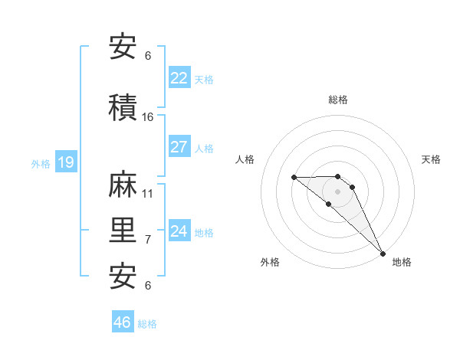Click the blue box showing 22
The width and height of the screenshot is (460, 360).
click(179, 78)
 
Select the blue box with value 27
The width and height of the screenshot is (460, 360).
click(179, 147)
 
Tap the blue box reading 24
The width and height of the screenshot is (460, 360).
click(179, 231)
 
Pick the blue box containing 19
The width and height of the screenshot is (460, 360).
click(65, 162)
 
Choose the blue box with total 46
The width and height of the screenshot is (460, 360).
click(123, 322)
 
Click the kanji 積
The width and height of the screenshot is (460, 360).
click(124, 108)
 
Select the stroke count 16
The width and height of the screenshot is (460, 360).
click(148, 116)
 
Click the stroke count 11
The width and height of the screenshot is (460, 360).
click(148, 193)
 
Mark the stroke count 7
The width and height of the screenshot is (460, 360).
click(148, 240)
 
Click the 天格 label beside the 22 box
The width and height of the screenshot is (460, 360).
click(203, 79)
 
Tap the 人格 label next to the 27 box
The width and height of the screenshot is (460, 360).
click(203, 148)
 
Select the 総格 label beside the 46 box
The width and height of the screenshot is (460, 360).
click(147, 324)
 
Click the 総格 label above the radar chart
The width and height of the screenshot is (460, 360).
click(338, 100)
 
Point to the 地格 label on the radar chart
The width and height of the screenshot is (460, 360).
click(402, 262)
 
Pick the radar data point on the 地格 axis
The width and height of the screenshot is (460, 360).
click(382, 252)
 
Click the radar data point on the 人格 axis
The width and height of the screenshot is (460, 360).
click(294, 178)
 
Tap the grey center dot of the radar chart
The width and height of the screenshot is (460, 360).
click(338, 191)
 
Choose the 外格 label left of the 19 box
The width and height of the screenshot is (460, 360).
click(41, 163)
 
